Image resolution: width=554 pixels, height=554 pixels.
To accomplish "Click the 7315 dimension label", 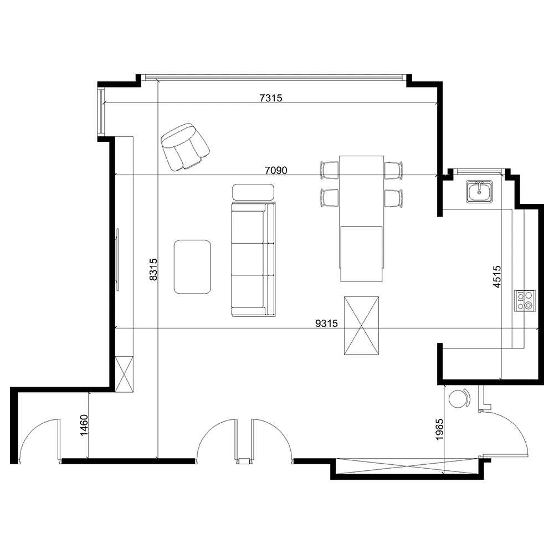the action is click(271, 98).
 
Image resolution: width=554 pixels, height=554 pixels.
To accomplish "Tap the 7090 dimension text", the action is click(276, 170).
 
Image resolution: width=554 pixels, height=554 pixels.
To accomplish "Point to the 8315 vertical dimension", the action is click(153, 269).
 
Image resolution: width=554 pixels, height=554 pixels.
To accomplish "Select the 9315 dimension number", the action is click(326, 324).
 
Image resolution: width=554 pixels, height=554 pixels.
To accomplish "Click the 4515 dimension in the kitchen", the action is click(497, 276).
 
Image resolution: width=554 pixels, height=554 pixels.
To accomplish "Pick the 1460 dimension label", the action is click(84, 425).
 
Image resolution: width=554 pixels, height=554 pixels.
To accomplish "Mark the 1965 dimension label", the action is click(439, 429).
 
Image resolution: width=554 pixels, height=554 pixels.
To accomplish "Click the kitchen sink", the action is click(479, 191).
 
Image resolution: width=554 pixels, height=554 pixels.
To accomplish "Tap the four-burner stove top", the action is click(525, 300).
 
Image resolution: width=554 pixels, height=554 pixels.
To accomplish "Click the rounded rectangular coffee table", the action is click(193, 267).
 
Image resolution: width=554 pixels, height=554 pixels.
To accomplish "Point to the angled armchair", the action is click(185, 147).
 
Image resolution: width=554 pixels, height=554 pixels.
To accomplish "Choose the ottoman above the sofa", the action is click(253, 192).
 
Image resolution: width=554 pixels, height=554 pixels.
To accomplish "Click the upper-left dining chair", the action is click(330, 170).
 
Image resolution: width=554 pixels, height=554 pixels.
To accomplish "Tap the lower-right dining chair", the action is click(393, 198).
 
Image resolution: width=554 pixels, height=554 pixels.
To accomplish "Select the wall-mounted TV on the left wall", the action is click(117, 260).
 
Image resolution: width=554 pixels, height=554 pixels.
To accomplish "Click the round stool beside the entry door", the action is click(459, 398).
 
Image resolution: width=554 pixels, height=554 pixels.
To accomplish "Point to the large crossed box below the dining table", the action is click(361, 325).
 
